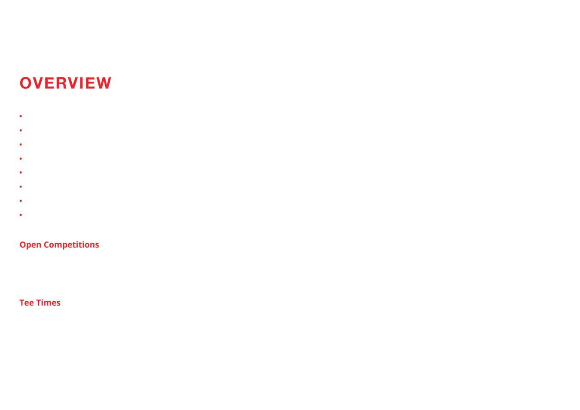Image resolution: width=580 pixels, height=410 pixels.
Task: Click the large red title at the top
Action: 66,83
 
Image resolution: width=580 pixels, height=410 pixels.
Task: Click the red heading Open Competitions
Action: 59,245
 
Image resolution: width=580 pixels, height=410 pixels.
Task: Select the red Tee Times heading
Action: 40,303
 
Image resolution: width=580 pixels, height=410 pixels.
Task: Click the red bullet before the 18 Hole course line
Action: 21,116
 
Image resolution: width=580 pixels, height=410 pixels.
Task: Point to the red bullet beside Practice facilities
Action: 21,130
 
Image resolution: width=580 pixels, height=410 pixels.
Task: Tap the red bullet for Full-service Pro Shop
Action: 21,159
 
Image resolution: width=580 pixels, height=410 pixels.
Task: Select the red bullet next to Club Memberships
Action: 21,201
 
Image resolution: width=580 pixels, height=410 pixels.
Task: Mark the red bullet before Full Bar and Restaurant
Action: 21,215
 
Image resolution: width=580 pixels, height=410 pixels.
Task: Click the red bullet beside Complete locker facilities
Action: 21,187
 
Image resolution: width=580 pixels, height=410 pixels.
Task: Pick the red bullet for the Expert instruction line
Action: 21,172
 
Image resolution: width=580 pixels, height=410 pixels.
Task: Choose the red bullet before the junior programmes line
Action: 21,144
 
